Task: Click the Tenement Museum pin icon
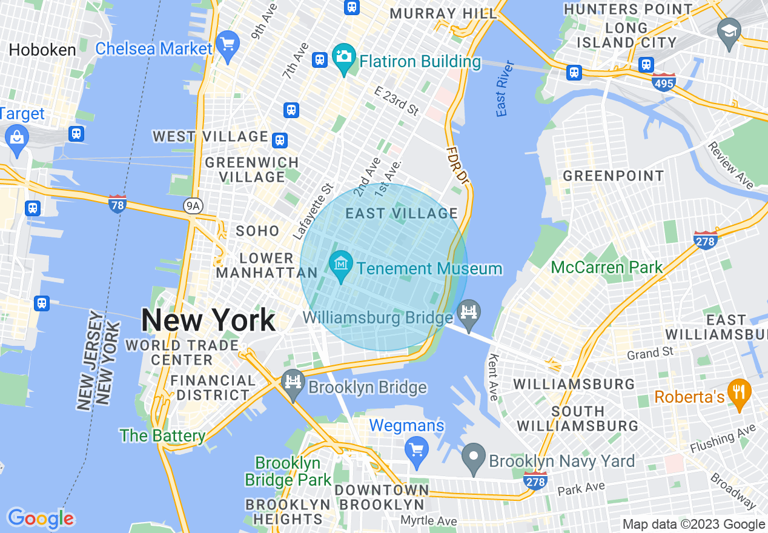pos(341,265)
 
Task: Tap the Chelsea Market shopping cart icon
pos(228,45)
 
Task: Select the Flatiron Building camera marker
pos(344,58)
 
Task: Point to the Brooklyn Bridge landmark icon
pos(293,383)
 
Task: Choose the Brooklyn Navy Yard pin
pos(474,458)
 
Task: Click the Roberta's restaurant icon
pos(738,392)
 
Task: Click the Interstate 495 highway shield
pos(664,82)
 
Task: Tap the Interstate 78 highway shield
pos(117,204)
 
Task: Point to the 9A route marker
pos(193,207)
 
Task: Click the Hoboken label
pos(42,50)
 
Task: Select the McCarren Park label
pos(607,267)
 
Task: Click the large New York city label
pos(208,320)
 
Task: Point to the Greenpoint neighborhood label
pos(614,176)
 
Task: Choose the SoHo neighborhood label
pos(257,231)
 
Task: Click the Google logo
pos(41,518)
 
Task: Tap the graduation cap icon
pos(729,30)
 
